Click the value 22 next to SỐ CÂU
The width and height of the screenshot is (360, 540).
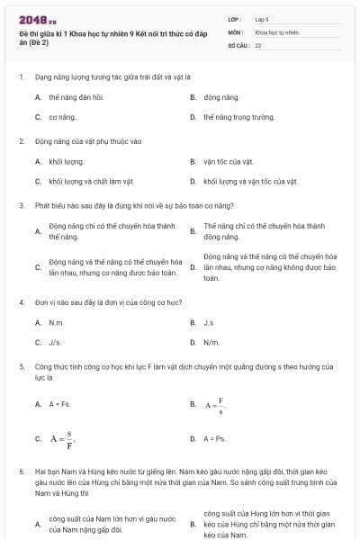tap(258, 44)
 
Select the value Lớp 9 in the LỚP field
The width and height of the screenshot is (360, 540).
tap(262, 19)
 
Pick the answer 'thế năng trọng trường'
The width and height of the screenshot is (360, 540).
tap(238, 117)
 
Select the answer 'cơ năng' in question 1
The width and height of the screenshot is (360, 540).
tap(61, 117)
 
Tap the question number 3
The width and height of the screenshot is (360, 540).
tap(21, 205)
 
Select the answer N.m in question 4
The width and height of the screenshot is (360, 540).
tap(56, 322)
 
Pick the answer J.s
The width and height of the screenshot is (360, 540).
tap(209, 322)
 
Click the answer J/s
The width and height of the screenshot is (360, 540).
tap(55, 343)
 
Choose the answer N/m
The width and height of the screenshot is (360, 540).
tap(211, 343)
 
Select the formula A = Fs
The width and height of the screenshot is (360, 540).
tap(58, 404)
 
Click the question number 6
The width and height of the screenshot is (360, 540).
tap(21, 471)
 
